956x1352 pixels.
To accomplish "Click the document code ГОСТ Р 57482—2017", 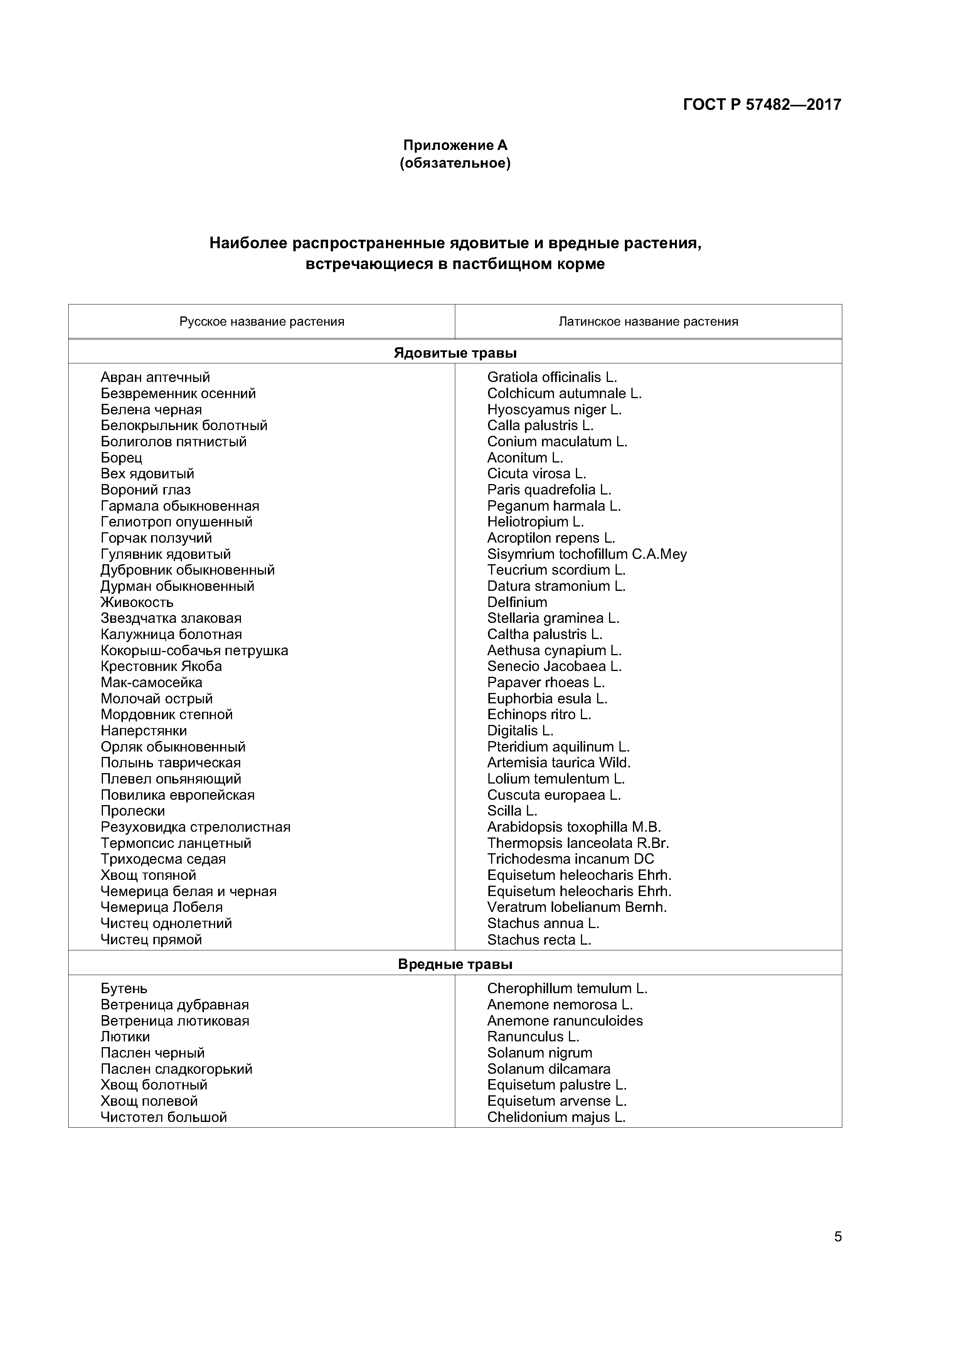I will (x=762, y=105).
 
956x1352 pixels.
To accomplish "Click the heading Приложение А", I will (x=455, y=145).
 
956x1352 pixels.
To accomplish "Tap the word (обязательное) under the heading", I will (x=455, y=163).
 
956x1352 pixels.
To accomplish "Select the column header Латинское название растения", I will (x=648, y=321).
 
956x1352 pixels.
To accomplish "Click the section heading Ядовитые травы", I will (x=455, y=353).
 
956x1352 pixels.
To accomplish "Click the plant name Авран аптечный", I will (x=155, y=377).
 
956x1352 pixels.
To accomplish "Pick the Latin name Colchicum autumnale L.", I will (x=564, y=393).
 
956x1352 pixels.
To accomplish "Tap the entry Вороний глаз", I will (x=145, y=490).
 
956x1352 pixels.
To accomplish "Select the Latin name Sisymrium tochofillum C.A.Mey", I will (x=587, y=554).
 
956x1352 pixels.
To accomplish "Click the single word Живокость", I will (x=137, y=602).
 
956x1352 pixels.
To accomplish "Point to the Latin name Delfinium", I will (x=517, y=602).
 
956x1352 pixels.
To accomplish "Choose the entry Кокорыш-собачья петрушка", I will (x=194, y=651).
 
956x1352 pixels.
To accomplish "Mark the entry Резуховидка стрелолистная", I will (x=195, y=827).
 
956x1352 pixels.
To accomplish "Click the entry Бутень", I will (x=124, y=989).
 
